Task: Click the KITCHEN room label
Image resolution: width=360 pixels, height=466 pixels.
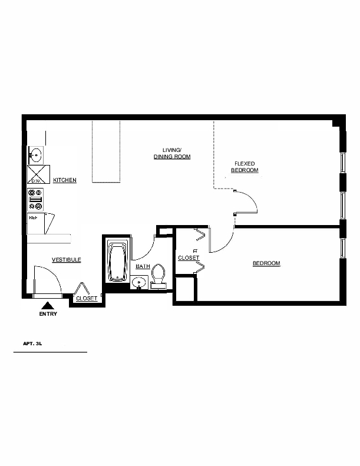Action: (x=64, y=180)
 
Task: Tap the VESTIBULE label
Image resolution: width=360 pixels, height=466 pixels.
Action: (x=67, y=260)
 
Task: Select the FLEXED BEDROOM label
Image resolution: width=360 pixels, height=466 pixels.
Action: (x=245, y=167)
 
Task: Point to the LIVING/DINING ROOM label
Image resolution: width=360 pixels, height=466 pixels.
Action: (x=172, y=153)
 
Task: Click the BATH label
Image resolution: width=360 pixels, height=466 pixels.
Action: (x=143, y=266)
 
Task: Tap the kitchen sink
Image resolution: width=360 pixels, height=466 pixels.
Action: (x=36, y=155)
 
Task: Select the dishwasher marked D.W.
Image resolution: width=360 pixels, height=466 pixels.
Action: (x=38, y=174)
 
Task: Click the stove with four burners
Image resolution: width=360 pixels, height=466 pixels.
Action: (x=35, y=199)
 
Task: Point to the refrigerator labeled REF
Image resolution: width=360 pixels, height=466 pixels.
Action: (x=36, y=223)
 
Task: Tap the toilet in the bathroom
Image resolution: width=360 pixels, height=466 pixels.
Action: (x=158, y=276)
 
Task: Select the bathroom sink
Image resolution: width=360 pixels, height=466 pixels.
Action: (x=139, y=282)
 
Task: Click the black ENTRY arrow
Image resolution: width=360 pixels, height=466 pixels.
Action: (x=47, y=306)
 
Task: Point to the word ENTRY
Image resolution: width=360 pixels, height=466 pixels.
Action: (x=48, y=314)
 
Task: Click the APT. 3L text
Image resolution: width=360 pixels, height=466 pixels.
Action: (x=32, y=343)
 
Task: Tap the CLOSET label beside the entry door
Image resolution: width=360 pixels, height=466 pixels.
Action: (x=87, y=298)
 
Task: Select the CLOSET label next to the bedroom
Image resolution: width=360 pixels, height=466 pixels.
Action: (x=189, y=257)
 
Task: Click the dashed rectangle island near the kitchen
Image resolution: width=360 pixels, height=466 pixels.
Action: (x=106, y=151)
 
